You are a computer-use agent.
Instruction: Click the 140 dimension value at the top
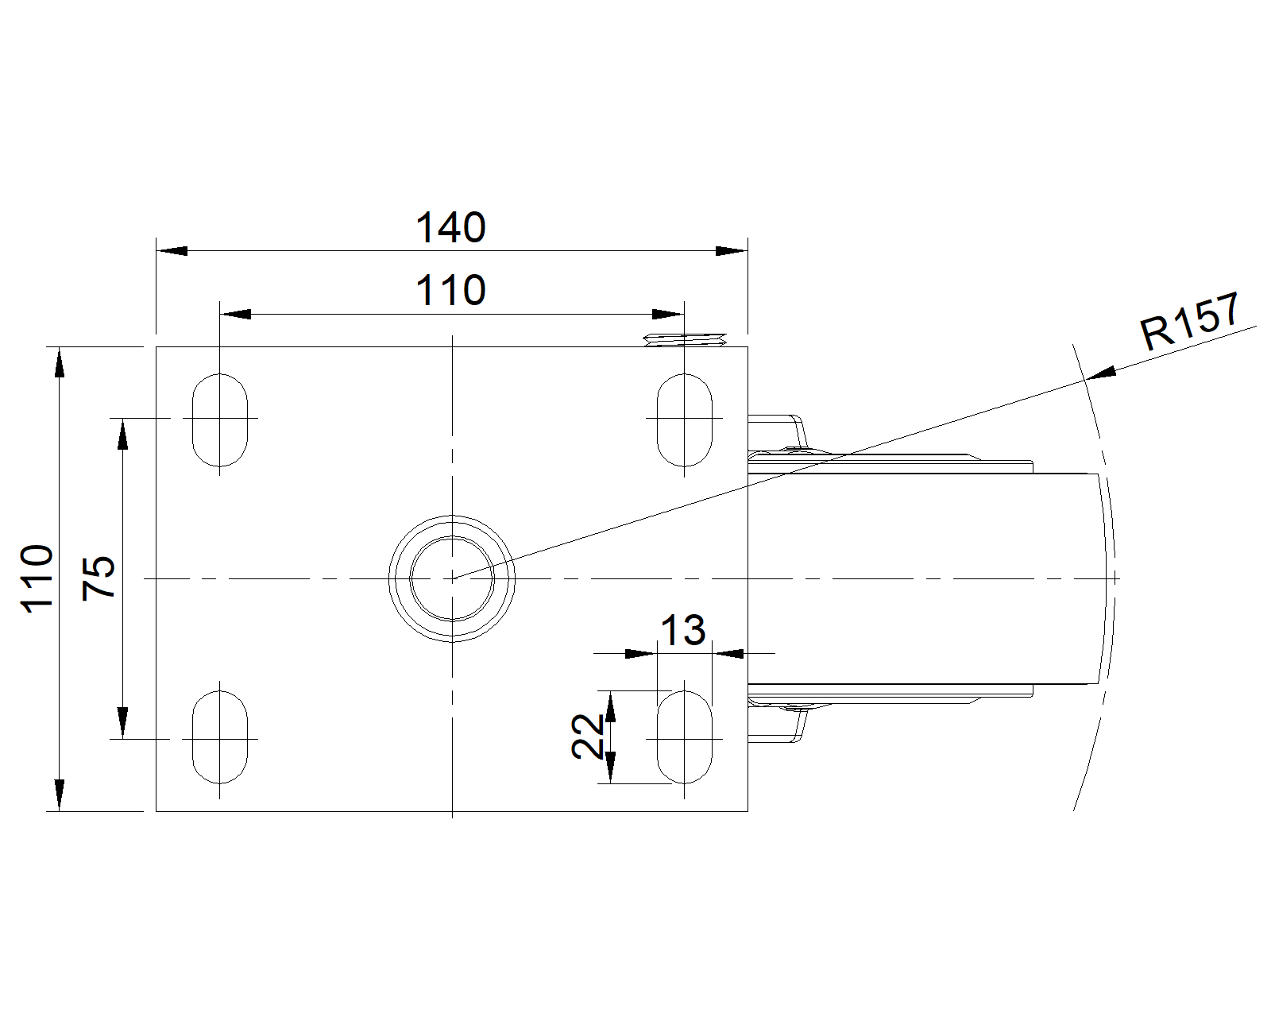click(x=450, y=227)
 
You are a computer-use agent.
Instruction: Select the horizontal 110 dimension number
click(x=450, y=291)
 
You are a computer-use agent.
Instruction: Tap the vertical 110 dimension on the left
click(x=37, y=578)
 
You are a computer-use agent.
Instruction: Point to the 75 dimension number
click(x=99, y=578)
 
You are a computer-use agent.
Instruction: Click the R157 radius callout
click(x=1189, y=322)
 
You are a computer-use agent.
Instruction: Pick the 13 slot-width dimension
click(x=682, y=630)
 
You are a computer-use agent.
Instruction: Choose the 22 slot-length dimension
click(x=588, y=737)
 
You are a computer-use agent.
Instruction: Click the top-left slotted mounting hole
click(x=220, y=420)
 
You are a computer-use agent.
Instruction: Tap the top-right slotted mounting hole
click(x=685, y=420)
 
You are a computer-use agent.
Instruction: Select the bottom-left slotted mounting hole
click(x=220, y=737)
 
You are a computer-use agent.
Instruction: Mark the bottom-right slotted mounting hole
click(x=685, y=737)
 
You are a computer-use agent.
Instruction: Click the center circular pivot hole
click(x=452, y=578)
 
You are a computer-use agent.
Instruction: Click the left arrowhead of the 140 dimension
click(x=172, y=251)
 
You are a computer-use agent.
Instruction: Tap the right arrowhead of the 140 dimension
click(x=732, y=251)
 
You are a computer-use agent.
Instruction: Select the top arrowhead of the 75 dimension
click(x=123, y=434)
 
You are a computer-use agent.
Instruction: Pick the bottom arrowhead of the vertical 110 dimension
click(x=59, y=795)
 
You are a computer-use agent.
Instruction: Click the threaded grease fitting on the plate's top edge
click(x=685, y=340)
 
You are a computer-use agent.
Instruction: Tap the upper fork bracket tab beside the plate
click(x=776, y=435)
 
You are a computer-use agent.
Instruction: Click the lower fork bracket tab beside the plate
click(x=776, y=723)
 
